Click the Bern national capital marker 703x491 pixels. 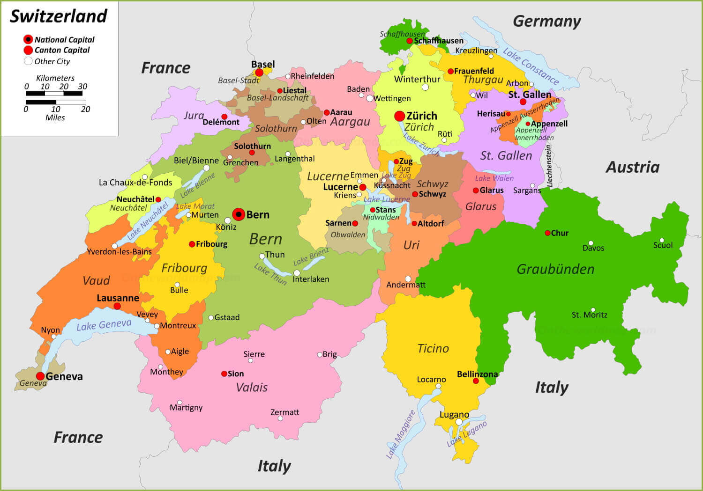tap(239, 214)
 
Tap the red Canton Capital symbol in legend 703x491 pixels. tap(28, 50)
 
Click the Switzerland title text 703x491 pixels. tap(59, 16)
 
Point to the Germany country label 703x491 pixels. tap(546, 21)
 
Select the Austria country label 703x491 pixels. tap(633, 167)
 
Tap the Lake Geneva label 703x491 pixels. tap(104, 324)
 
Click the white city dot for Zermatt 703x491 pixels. tap(280, 418)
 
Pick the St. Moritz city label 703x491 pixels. tap(589, 315)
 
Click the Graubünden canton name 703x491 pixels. tap(555, 269)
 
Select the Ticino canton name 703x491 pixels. tap(433, 348)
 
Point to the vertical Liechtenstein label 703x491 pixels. tap(549, 166)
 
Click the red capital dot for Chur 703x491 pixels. tap(547, 233)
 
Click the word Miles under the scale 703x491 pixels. tap(55, 117)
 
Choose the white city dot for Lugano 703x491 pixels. tap(459, 422)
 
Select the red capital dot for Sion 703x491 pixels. tap(224, 374)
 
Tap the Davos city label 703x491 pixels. tap(593, 248)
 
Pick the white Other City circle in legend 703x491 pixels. tap(28, 61)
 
